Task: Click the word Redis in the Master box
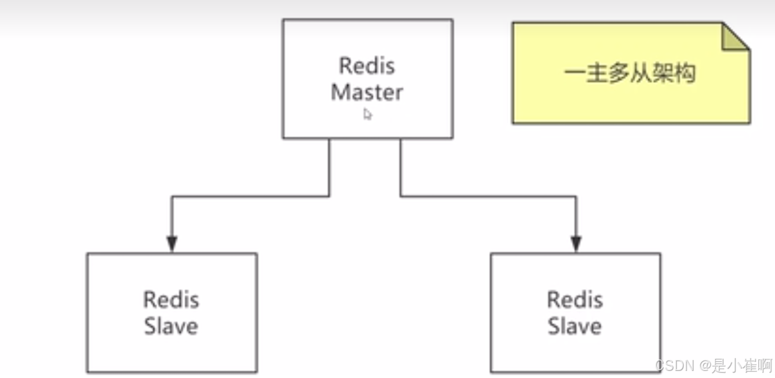tap(367, 66)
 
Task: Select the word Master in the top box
tap(367, 92)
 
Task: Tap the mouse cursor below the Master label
tap(367, 114)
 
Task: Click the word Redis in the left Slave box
tap(171, 300)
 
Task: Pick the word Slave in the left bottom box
tap(171, 326)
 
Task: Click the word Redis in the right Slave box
tap(575, 300)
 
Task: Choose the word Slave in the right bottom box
tap(575, 326)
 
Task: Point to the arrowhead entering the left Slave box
tap(171, 244)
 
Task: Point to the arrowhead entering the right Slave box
tap(576, 244)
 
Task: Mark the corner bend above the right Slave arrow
tap(576, 196)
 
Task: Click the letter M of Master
tap(340, 92)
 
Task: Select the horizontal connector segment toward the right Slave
tap(488, 196)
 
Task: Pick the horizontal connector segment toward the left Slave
tap(250, 196)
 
